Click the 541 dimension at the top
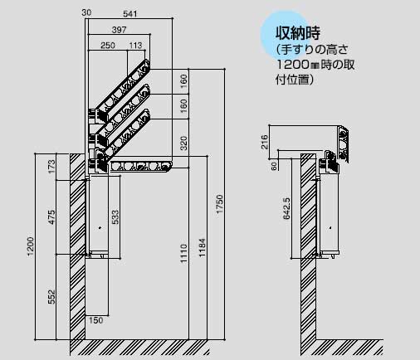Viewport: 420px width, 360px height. (130, 14)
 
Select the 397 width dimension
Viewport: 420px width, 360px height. (119, 30)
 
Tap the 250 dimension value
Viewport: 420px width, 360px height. (108, 45)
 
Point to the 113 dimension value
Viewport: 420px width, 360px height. (136, 45)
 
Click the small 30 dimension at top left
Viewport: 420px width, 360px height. (86, 12)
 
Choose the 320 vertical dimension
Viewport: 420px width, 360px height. (183, 143)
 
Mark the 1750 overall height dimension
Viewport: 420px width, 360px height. (219, 204)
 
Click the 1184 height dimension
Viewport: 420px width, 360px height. (203, 248)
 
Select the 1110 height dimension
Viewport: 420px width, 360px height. (183, 253)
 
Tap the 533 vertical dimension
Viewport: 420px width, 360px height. (115, 217)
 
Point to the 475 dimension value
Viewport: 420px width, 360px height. (51, 217)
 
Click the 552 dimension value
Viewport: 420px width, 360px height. (51, 297)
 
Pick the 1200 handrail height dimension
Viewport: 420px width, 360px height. (31, 246)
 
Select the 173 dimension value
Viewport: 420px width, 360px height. (51, 167)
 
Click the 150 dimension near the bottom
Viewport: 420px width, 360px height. (95, 320)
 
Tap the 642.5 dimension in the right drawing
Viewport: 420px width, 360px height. (286, 208)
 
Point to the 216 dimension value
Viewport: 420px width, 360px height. (265, 142)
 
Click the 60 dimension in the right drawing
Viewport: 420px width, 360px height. (274, 166)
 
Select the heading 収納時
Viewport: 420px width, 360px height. (298, 33)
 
